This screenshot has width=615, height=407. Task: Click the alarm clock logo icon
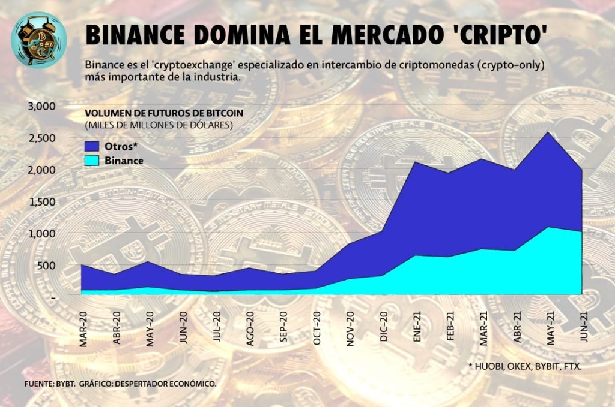[38, 40]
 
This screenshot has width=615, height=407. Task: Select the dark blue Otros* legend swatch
[92, 147]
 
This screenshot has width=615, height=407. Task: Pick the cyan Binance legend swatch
[92, 161]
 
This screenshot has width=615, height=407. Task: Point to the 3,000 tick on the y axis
[42, 107]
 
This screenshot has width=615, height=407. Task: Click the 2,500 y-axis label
[42, 138]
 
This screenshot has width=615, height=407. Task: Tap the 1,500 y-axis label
[42, 202]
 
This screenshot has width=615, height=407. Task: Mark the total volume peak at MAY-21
[548, 132]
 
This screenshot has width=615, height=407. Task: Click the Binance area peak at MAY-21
[548, 227]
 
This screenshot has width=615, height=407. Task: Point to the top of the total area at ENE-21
[416, 162]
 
